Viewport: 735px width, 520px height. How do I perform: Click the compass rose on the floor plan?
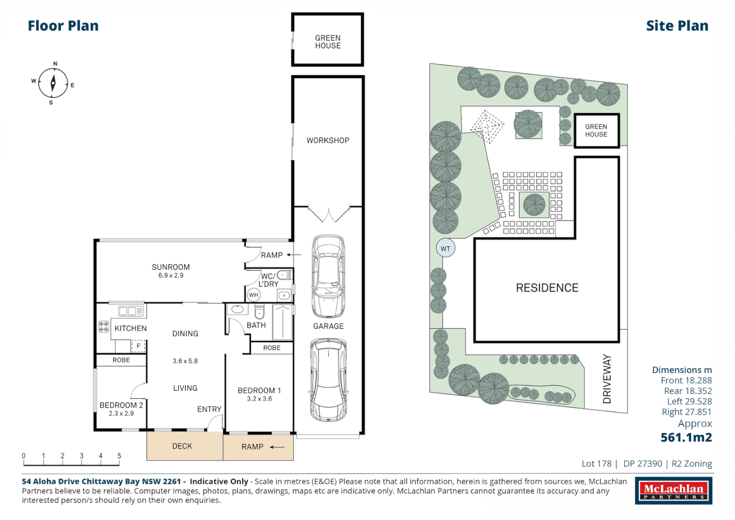(x=53, y=83)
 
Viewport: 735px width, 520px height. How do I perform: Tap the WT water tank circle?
(x=445, y=248)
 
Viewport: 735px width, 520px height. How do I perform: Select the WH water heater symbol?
(x=254, y=295)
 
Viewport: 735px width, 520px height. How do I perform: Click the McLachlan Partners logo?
(x=673, y=491)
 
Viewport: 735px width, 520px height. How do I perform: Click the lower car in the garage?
(x=328, y=380)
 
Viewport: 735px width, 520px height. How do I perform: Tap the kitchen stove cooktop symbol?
(x=103, y=326)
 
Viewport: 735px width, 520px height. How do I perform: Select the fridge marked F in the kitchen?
(x=138, y=346)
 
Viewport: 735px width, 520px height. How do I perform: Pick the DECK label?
(x=182, y=446)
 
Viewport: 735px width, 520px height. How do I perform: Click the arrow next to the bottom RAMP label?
(x=277, y=447)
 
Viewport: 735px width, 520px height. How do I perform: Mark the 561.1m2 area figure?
(x=686, y=437)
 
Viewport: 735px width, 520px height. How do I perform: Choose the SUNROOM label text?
(x=170, y=267)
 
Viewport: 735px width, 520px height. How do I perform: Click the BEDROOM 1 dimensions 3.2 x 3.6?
(x=259, y=399)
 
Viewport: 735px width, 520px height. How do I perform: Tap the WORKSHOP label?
(x=328, y=141)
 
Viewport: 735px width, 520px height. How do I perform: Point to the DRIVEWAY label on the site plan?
(x=607, y=379)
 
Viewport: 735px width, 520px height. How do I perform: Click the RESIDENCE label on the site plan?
(x=547, y=288)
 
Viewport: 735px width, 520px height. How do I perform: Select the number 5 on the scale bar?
(x=119, y=455)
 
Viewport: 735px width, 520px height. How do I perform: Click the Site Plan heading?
(x=677, y=26)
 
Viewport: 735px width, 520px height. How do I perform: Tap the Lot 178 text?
(x=596, y=464)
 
